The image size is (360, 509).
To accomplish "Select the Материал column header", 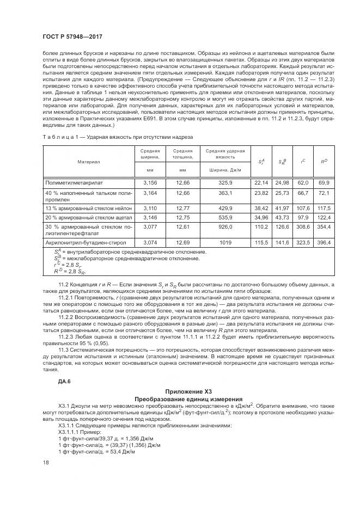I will [x=88, y=162].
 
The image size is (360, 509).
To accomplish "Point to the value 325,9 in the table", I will [x=225, y=182].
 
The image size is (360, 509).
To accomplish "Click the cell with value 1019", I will [x=225, y=242].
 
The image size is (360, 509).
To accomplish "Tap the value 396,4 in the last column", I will [x=324, y=242].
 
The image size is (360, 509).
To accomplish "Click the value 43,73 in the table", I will [x=282, y=217].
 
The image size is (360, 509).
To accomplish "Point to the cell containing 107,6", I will [x=303, y=208].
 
